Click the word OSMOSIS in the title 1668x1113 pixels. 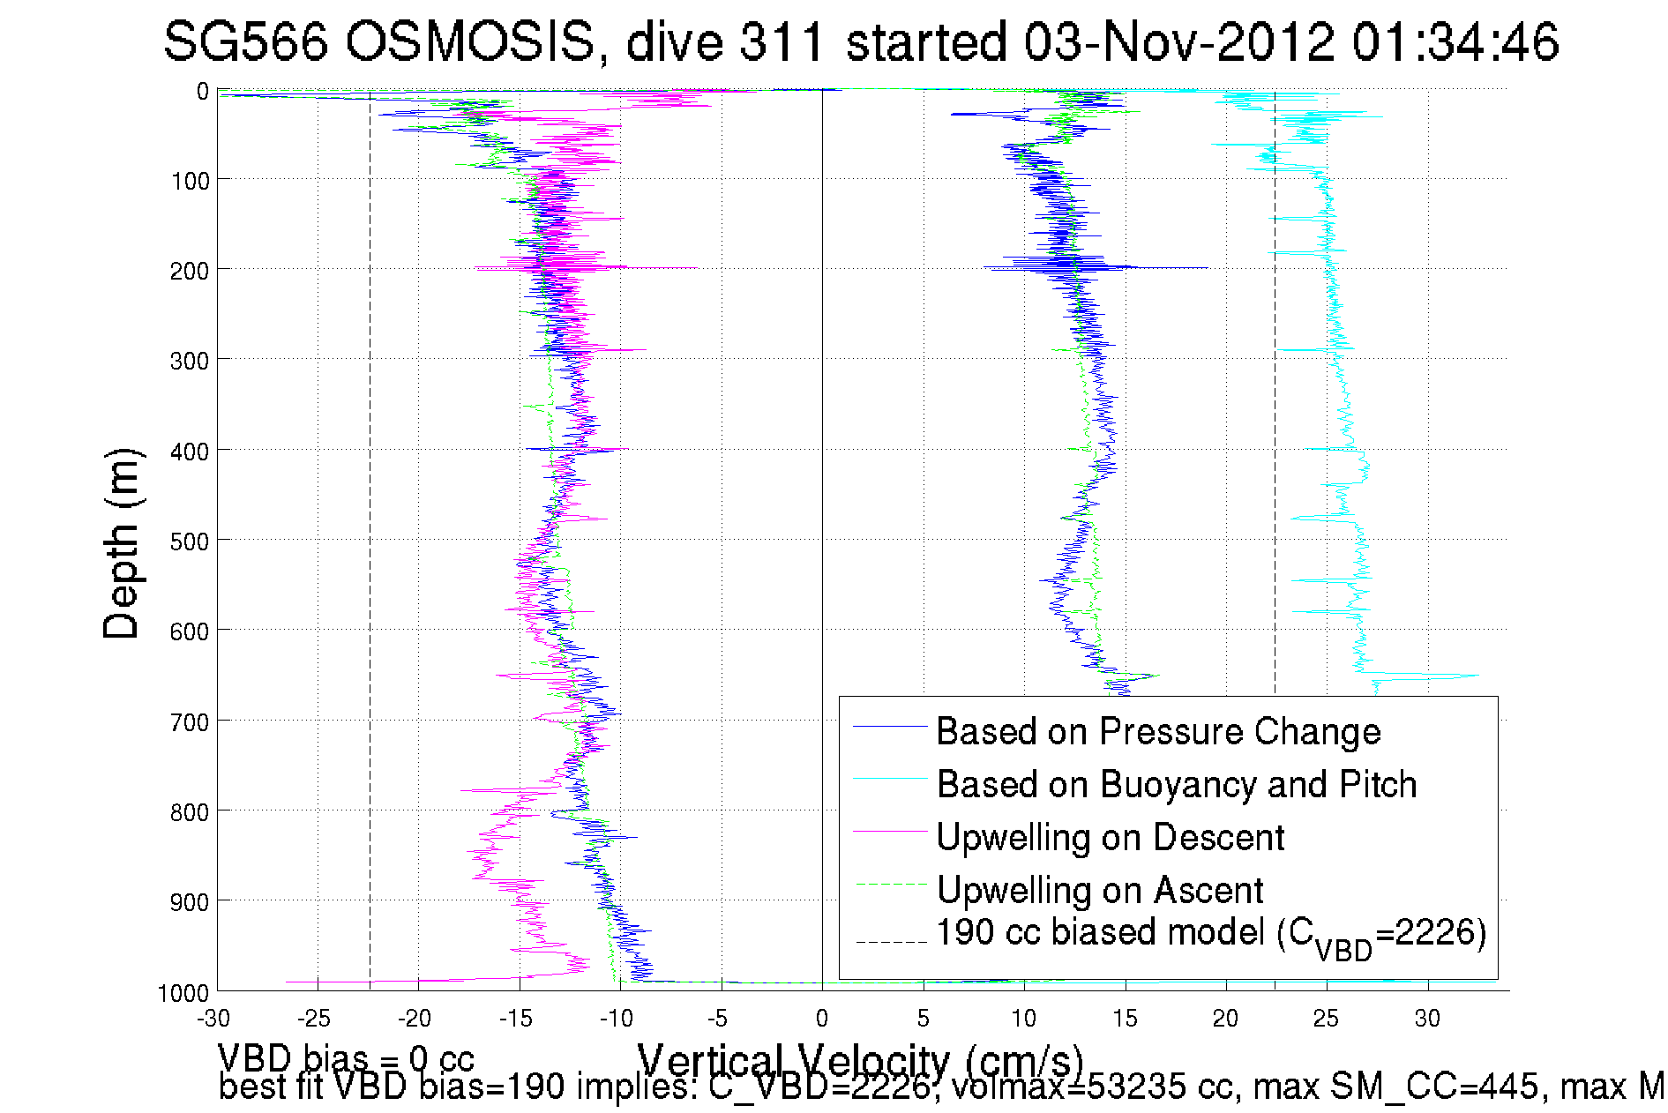(x=470, y=41)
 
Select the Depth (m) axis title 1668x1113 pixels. (x=122, y=543)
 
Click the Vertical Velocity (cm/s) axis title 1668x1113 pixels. (x=860, y=1059)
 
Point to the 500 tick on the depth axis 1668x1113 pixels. (x=190, y=542)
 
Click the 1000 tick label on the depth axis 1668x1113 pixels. (x=183, y=993)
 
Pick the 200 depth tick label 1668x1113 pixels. (x=190, y=271)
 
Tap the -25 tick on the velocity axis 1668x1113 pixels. (x=314, y=1019)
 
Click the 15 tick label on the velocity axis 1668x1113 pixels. (x=1125, y=1019)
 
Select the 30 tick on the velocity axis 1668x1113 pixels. (x=1427, y=1019)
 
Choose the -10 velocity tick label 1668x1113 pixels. (x=617, y=1019)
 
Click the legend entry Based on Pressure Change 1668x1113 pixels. (x=1158, y=731)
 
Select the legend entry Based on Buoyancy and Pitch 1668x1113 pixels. (x=1176, y=784)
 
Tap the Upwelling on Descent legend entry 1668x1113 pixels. (x=1110, y=837)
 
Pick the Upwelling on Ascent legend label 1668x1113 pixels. (x=1099, y=890)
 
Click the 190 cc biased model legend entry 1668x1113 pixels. (x=1210, y=935)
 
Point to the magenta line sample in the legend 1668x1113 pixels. (x=890, y=831)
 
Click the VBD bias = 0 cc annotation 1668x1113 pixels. (x=346, y=1058)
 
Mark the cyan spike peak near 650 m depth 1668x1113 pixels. (x=1477, y=676)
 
